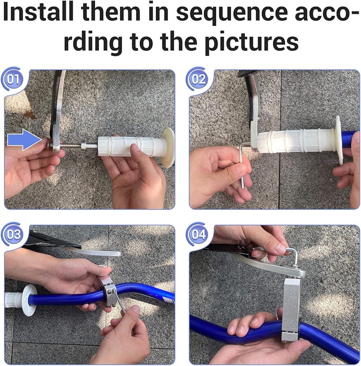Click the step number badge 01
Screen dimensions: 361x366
(13, 79)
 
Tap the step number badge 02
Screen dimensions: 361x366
(198, 79)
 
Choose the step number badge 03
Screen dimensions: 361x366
(13, 234)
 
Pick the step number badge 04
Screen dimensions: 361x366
(198, 234)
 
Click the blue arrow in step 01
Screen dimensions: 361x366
(24, 140)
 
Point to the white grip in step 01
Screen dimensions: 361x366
(131, 146)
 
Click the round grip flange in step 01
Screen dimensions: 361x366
(168, 147)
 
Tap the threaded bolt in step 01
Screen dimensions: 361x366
(70, 146)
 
